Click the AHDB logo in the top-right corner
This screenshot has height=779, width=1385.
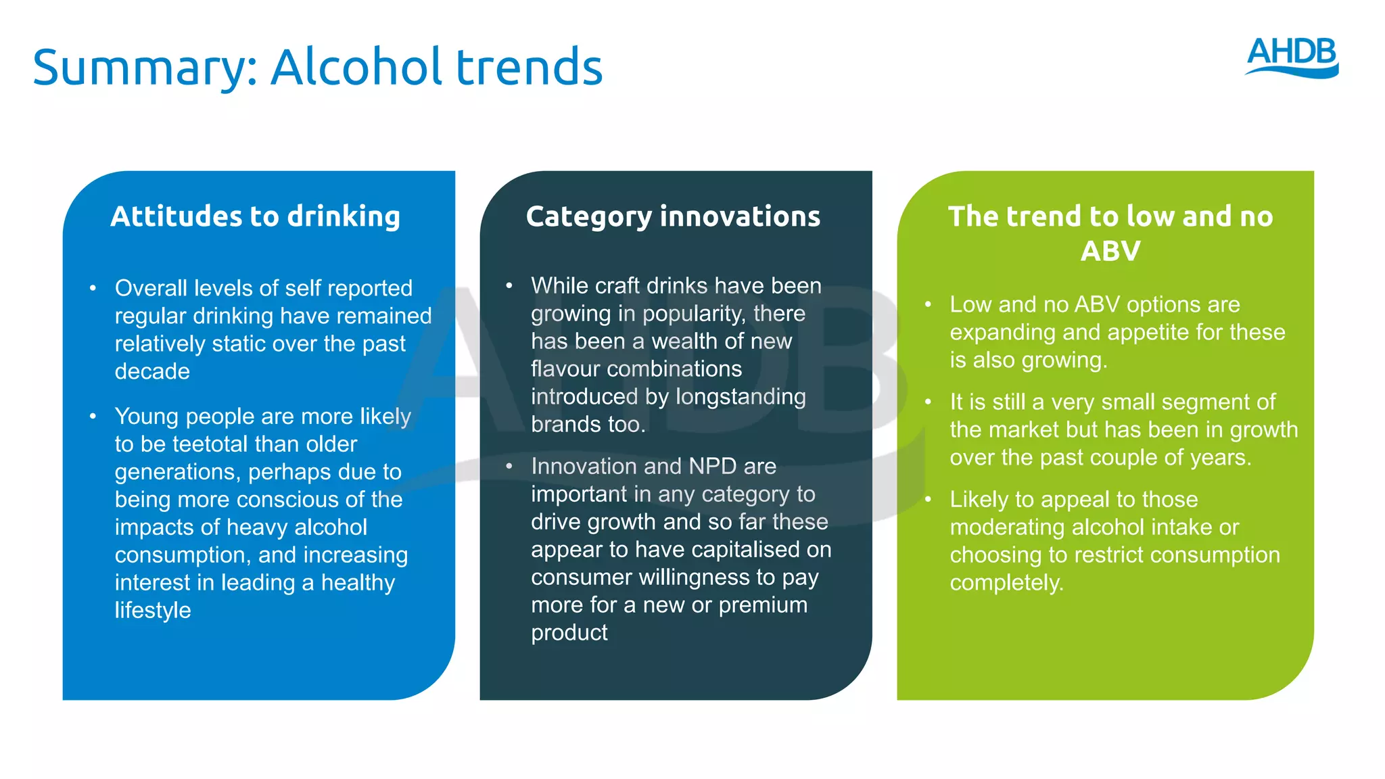click(x=1292, y=57)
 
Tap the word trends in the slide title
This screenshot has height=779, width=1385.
click(x=529, y=67)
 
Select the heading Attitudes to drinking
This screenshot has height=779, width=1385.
click(x=256, y=216)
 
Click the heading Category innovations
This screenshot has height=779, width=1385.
click(x=673, y=216)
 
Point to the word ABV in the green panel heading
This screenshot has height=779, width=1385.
click(x=1110, y=252)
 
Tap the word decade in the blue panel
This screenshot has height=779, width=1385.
click(x=152, y=371)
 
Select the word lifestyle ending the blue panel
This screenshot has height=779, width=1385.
click(x=153, y=610)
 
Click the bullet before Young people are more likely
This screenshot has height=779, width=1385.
click(x=93, y=416)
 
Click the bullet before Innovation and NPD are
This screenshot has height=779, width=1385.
click(x=509, y=466)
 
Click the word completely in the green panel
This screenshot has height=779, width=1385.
click(x=1006, y=583)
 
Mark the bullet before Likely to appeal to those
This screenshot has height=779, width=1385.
click(x=929, y=499)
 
